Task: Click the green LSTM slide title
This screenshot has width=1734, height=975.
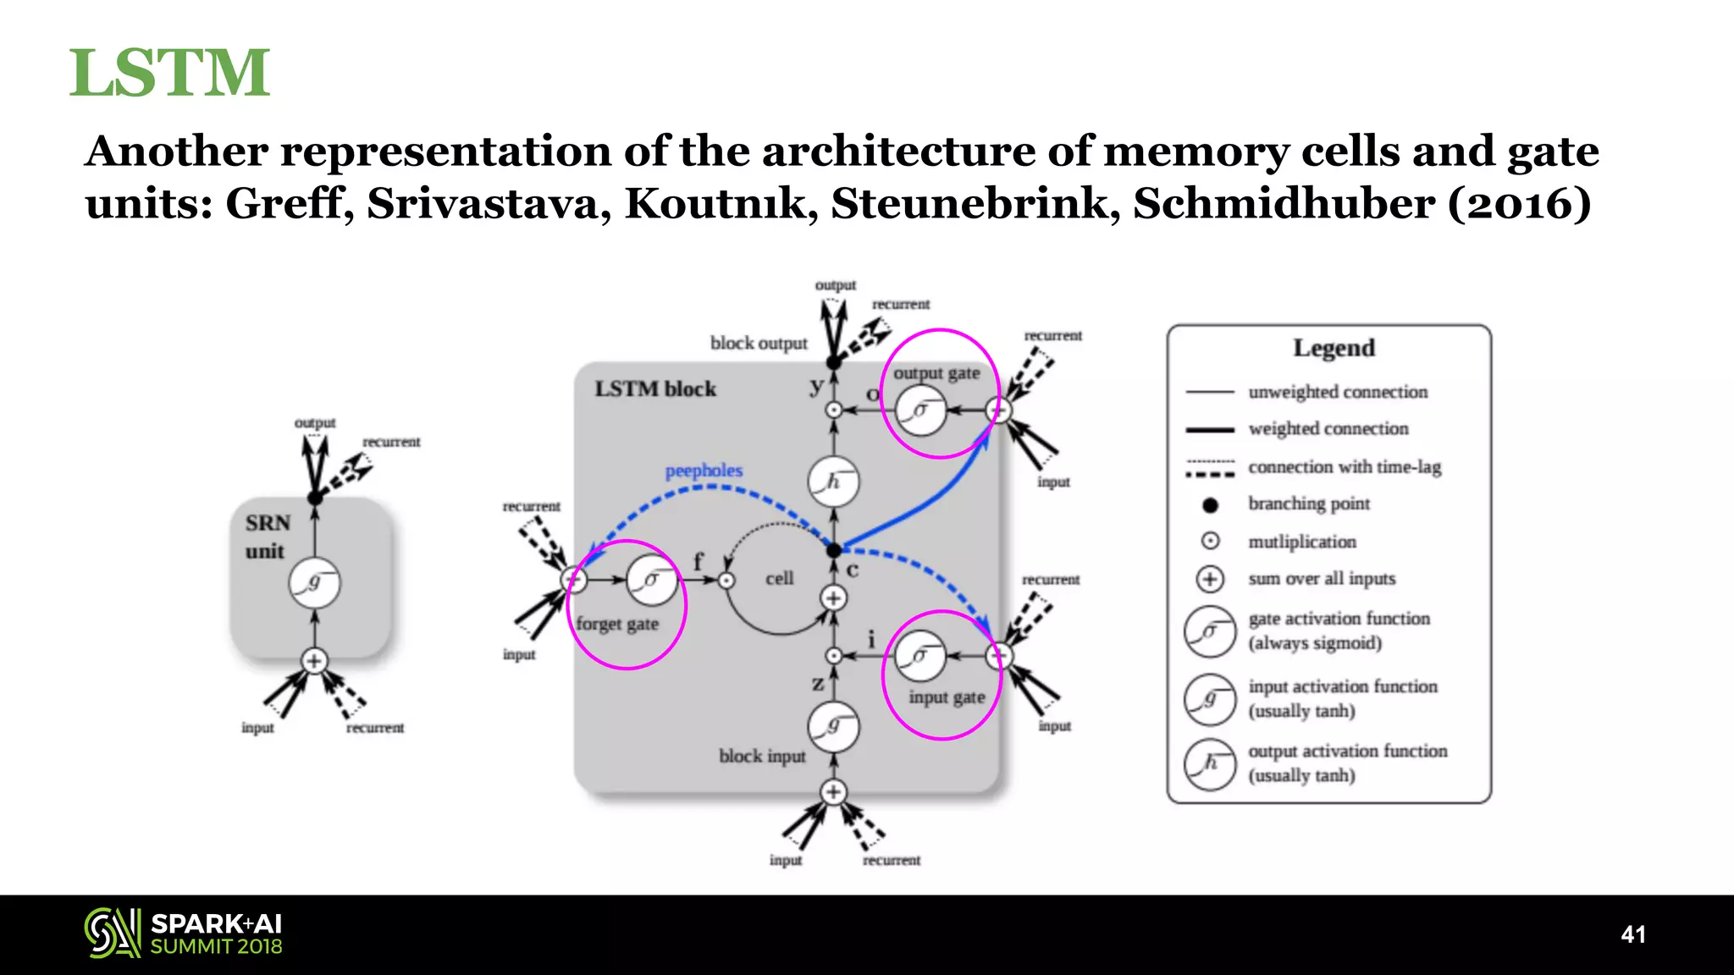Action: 169,73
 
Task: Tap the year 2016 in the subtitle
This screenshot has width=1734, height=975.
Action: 1519,204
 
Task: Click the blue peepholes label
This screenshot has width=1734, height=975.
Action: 703,471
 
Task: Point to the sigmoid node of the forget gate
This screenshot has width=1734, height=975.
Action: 652,580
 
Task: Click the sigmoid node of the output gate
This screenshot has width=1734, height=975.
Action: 920,410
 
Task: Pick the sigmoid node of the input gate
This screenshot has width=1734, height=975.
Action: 919,656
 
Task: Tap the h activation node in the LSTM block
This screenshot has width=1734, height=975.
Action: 833,482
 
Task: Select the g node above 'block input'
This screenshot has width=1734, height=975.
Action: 833,726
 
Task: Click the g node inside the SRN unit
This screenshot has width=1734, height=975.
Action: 314,582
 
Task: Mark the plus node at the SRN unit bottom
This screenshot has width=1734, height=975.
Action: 314,661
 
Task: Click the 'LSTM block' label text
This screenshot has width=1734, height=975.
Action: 654,389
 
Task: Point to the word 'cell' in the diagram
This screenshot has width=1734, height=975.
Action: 779,579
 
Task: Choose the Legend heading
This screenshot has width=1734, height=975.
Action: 1334,348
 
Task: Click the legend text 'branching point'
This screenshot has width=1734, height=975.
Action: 1308,504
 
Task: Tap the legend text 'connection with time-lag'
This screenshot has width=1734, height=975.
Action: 1344,467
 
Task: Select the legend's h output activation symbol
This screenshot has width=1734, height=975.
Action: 1210,764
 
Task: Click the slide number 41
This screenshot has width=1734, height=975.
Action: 1632,934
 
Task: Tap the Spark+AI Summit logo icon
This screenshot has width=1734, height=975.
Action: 112,934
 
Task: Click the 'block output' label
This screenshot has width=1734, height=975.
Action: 759,344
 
